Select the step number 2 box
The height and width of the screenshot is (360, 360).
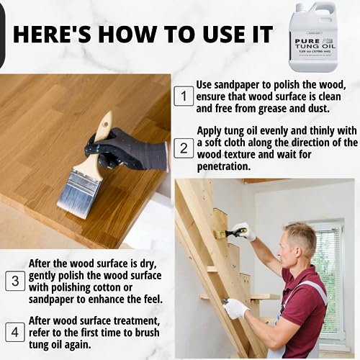(x=184, y=148)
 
